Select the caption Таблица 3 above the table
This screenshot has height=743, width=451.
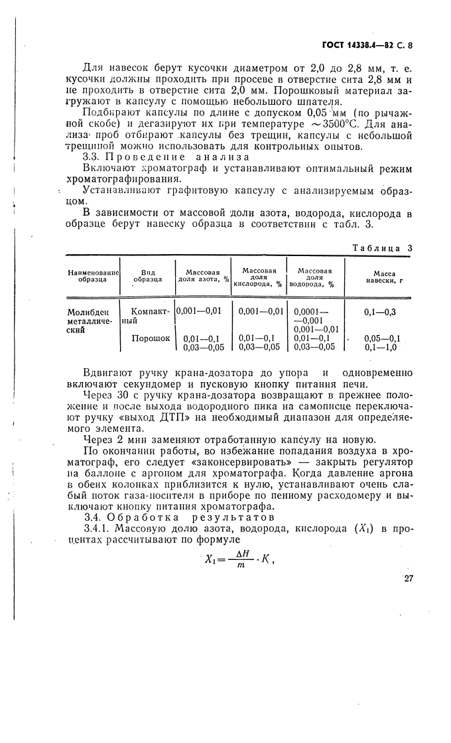tap(383, 247)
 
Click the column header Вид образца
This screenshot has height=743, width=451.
tap(147, 275)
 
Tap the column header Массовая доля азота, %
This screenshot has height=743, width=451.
tap(202, 275)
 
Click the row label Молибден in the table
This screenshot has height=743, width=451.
tap(86, 311)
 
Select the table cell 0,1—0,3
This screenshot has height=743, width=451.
tap(382, 310)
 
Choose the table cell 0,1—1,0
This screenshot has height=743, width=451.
tap(381, 346)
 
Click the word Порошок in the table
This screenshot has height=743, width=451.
tap(151, 338)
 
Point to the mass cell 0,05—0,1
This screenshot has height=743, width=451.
tap(383, 338)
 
